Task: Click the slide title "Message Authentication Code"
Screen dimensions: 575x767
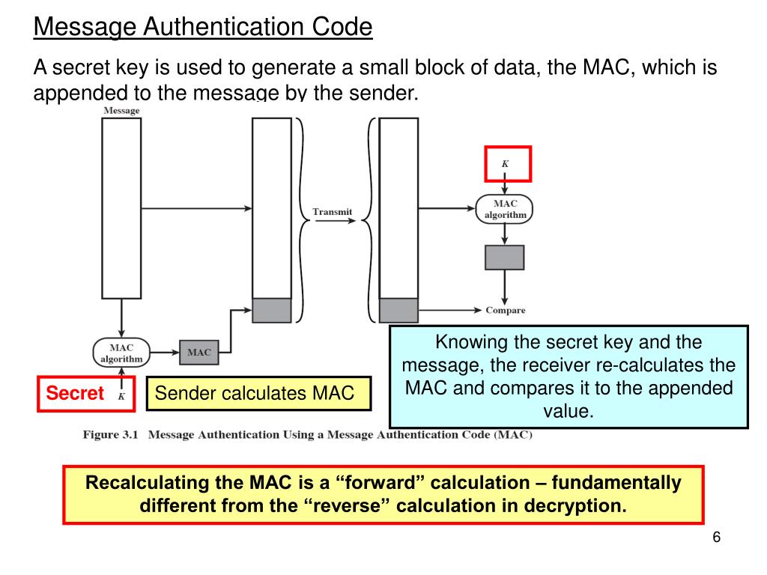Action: (203, 28)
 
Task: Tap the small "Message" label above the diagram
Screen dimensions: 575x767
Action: (121, 111)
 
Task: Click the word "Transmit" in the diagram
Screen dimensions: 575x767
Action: (333, 212)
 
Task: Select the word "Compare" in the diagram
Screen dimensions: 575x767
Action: (506, 310)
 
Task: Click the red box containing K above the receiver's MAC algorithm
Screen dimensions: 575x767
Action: (506, 163)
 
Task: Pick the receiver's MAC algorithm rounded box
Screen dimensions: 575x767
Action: (505, 209)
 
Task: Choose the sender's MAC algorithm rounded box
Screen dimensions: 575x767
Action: (121, 353)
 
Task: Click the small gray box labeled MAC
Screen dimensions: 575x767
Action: (198, 352)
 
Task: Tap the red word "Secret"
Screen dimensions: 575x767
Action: (75, 394)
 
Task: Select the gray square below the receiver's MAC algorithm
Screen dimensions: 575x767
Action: (505, 257)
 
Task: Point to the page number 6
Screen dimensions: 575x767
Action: (717, 538)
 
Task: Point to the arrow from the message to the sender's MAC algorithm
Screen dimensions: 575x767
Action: (121, 318)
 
